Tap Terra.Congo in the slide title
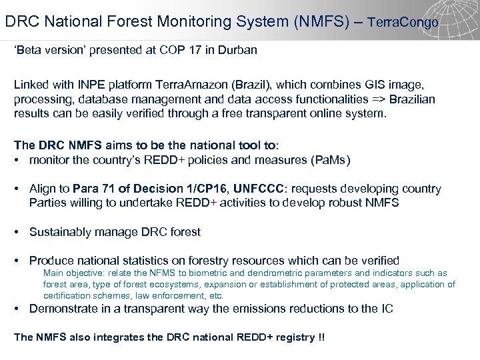pos(403,22)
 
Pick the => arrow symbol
pos(374,99)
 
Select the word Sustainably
pos(62,232)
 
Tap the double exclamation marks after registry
pos(321,337)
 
